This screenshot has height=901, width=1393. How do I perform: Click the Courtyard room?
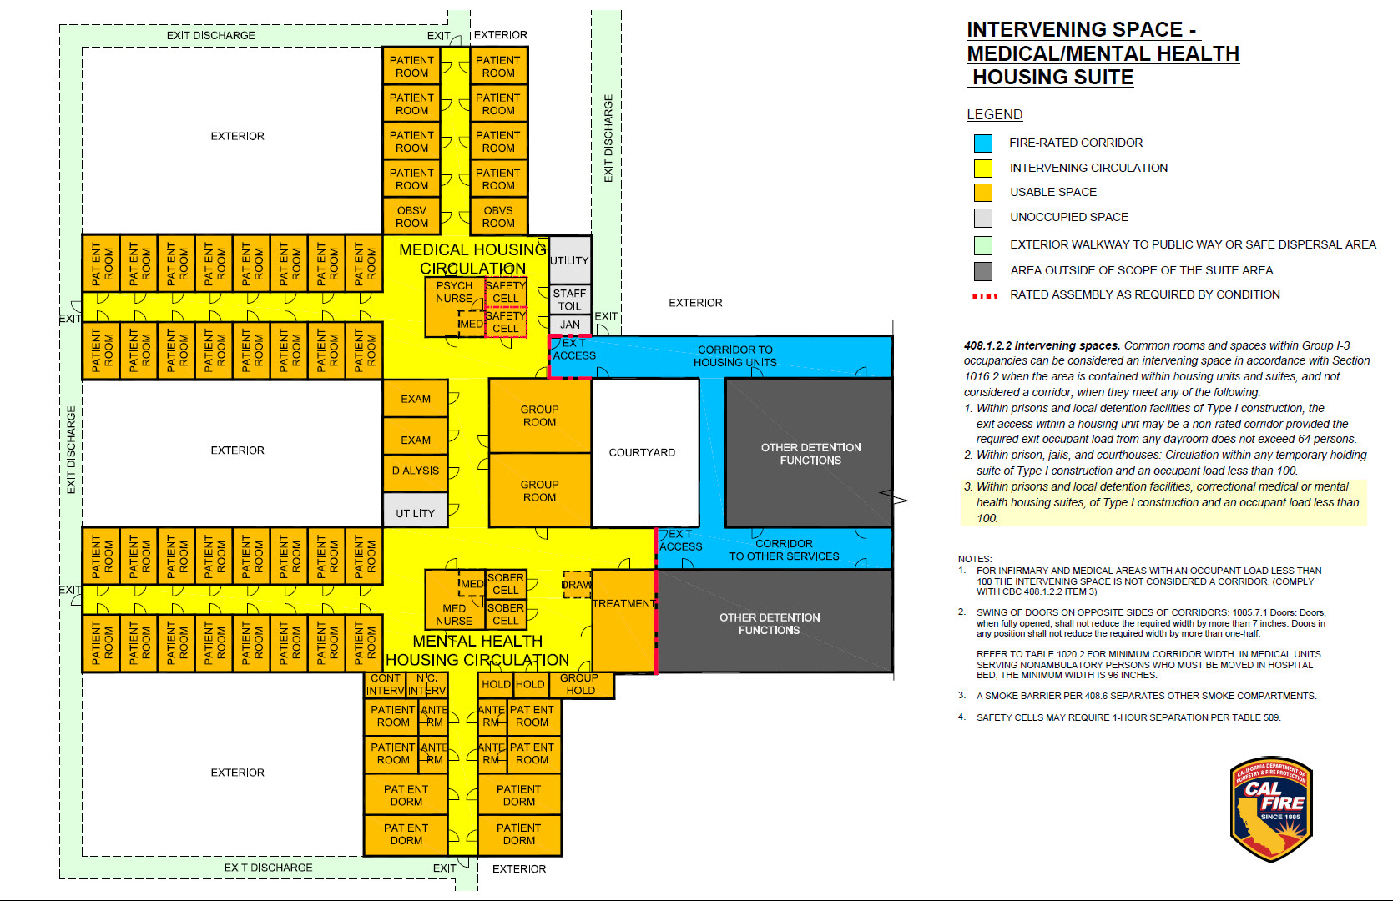pos(642,453)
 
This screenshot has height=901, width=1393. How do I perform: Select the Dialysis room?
pos(415,471)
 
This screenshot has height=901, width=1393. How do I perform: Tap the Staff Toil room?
pos(569,299)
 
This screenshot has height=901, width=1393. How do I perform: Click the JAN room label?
pos(570,325)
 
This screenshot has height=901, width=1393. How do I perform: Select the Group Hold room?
pos(580,685)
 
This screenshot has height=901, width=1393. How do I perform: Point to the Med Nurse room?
pos(453,614)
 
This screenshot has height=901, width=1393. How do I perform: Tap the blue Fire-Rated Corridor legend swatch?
pos(983,143)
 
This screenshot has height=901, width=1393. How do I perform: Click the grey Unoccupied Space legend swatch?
pos(983,218)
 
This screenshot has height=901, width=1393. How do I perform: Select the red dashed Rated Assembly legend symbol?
pos(984,296)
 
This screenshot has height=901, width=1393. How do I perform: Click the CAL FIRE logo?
pos(1270,809)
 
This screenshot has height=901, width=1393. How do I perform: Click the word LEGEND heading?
pos(994,115)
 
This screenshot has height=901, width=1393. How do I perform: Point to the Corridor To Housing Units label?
pos(734,356)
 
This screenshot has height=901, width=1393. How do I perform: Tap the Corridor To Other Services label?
pos(784,550)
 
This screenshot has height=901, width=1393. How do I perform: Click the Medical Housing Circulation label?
pos(472,259)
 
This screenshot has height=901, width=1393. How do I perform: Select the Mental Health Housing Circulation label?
pos(477,651)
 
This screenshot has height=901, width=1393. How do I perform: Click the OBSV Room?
pos(411,217)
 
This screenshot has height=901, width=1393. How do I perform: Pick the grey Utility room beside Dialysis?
pos(415,511)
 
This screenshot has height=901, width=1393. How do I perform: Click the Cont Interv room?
pos(386,685)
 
